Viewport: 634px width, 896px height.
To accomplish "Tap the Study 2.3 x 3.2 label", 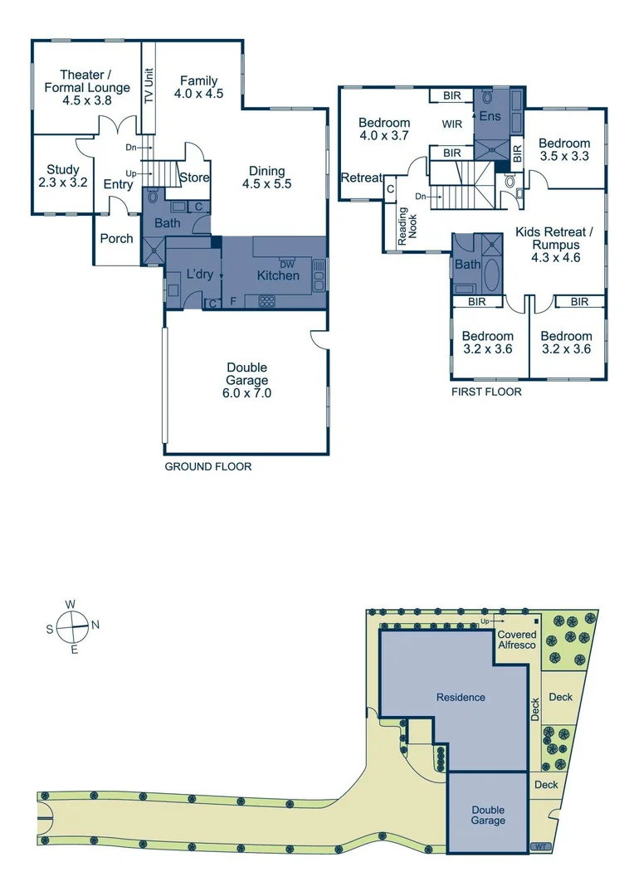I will [x=62, y=176].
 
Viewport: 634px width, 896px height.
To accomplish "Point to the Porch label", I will [x=116, y=238].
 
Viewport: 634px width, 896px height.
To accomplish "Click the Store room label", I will [x=194, y=178].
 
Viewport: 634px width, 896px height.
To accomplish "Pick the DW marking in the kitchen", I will [x=287, y=264].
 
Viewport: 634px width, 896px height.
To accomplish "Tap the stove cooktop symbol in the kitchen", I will [x=267, y=301].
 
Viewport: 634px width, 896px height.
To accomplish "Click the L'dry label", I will [x=199, y=275].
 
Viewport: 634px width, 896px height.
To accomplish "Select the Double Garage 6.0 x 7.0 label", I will [x=246, y=380].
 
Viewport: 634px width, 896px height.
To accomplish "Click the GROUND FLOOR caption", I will [x=207, y=467].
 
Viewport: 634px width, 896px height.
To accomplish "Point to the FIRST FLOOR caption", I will [x=486, y=392].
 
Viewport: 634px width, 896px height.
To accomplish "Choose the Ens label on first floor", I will [x=490, y=116].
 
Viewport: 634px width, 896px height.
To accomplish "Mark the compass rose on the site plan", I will [x=74, y=626].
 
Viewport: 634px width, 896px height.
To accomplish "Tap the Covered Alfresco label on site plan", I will [x=516, y=639].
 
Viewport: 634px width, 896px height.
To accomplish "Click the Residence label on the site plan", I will [x=461, y=697].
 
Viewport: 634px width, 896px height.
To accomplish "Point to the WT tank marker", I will [x=541, y=847].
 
